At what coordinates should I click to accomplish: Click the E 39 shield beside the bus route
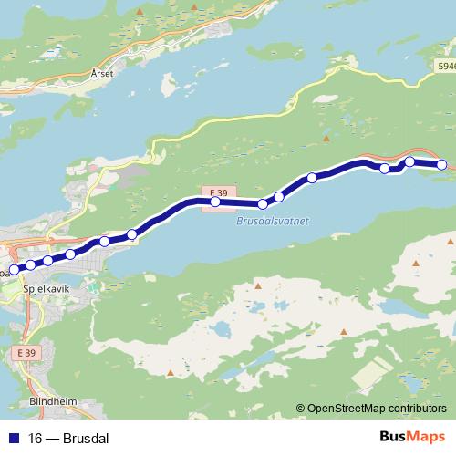pos(215,191)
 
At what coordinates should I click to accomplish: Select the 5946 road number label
pos(445,67)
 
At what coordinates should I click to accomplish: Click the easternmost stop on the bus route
pos(442,164)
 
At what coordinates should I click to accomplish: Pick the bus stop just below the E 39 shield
pos(215,202)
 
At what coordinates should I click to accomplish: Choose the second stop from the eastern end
pos(409,161)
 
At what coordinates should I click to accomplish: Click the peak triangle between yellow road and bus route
pos(326,140)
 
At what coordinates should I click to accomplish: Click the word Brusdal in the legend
pos(88,439)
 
